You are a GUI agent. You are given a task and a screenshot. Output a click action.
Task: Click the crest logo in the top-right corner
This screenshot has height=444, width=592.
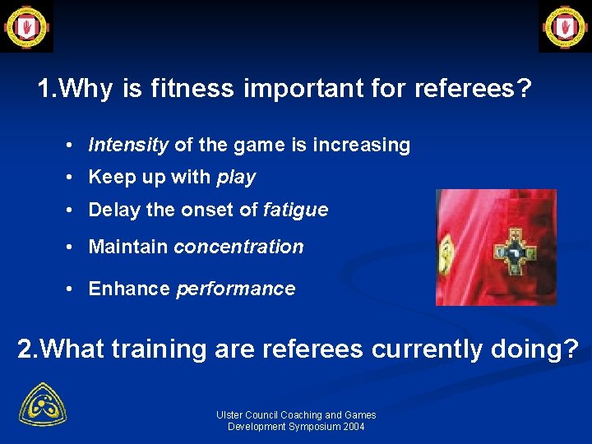(x=565, y=25)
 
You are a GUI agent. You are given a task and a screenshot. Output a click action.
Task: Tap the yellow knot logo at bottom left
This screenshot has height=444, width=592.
(x=43, y=404)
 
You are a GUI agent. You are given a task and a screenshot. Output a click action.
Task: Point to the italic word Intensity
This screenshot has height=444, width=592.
(x=128, y=146)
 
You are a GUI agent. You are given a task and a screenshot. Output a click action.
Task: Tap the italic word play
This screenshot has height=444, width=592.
(x=236, y=178)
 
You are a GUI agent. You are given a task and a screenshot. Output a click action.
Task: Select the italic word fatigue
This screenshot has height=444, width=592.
(x=295, y=210)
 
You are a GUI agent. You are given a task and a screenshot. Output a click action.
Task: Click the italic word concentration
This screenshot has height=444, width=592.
(x=238, y=247)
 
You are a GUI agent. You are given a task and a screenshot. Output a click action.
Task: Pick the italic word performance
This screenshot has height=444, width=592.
(x=235, y=289)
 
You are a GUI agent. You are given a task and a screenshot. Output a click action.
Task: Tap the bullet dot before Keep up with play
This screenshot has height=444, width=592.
(x=73, y=178)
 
